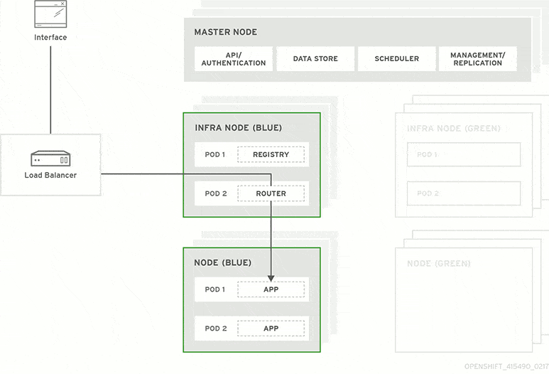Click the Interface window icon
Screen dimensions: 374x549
tap(50, 13)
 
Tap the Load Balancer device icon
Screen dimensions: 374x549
tap(50, 158)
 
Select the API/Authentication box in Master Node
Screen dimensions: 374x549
tap(234, 59)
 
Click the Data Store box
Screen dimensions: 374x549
tap(315, 59)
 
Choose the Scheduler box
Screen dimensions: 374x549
tap(396, 59)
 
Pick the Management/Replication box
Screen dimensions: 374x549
tap(477, 59)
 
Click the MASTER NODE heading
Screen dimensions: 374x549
tap(226, 33)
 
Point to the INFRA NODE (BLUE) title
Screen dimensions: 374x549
tap(238, 129)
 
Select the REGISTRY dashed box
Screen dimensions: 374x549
tap(271, 154)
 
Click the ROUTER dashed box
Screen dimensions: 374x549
tap(271, 193)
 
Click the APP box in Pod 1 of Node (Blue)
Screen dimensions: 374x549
tap(271, 290)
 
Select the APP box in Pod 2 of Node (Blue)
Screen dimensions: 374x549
tap(271, 328)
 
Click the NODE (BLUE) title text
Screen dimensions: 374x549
tap(222, 263)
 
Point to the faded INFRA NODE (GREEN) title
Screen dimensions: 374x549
tap(453, 129)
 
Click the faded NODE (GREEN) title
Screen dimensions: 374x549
tap(438, 264)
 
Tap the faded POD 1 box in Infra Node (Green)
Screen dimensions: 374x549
tap(464, 154)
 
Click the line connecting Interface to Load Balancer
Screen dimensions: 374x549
tap(50, 89)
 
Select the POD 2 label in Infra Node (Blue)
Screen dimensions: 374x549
tap(216, 193)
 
